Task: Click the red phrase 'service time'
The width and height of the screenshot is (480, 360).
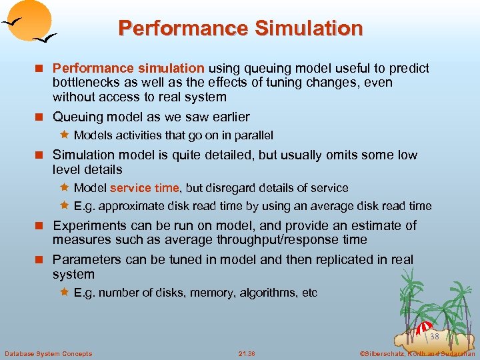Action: click(x=144, y=188)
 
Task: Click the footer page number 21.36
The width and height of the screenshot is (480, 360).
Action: click(x=247, y=353)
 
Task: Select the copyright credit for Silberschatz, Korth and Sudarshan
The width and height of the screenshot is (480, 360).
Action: click(x=417, y=353)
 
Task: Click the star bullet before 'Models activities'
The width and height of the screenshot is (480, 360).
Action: click(x=64, y=135)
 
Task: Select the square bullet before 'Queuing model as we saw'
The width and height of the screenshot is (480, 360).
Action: click(x=43, y=117)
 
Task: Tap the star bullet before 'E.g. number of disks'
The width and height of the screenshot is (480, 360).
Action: click(x=64, y=293)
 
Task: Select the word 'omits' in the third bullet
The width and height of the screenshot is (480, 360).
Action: click(x=341, y=155)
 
